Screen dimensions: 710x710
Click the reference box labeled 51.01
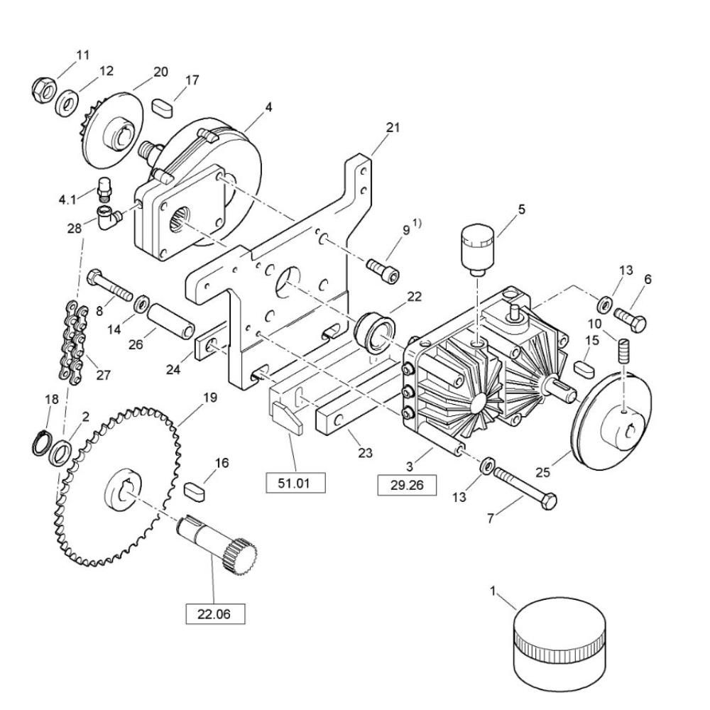295,483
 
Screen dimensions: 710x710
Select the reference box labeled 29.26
407,486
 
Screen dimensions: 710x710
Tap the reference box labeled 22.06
215,614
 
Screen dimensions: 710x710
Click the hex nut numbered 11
44,89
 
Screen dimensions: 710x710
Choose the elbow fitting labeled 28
109,217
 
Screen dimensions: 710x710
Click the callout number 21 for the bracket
393,128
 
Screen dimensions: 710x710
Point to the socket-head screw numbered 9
383,271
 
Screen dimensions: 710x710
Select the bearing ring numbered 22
375,334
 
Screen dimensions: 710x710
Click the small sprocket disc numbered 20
112,126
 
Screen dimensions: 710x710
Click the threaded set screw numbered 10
624,351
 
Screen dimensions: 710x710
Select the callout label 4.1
68,199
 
